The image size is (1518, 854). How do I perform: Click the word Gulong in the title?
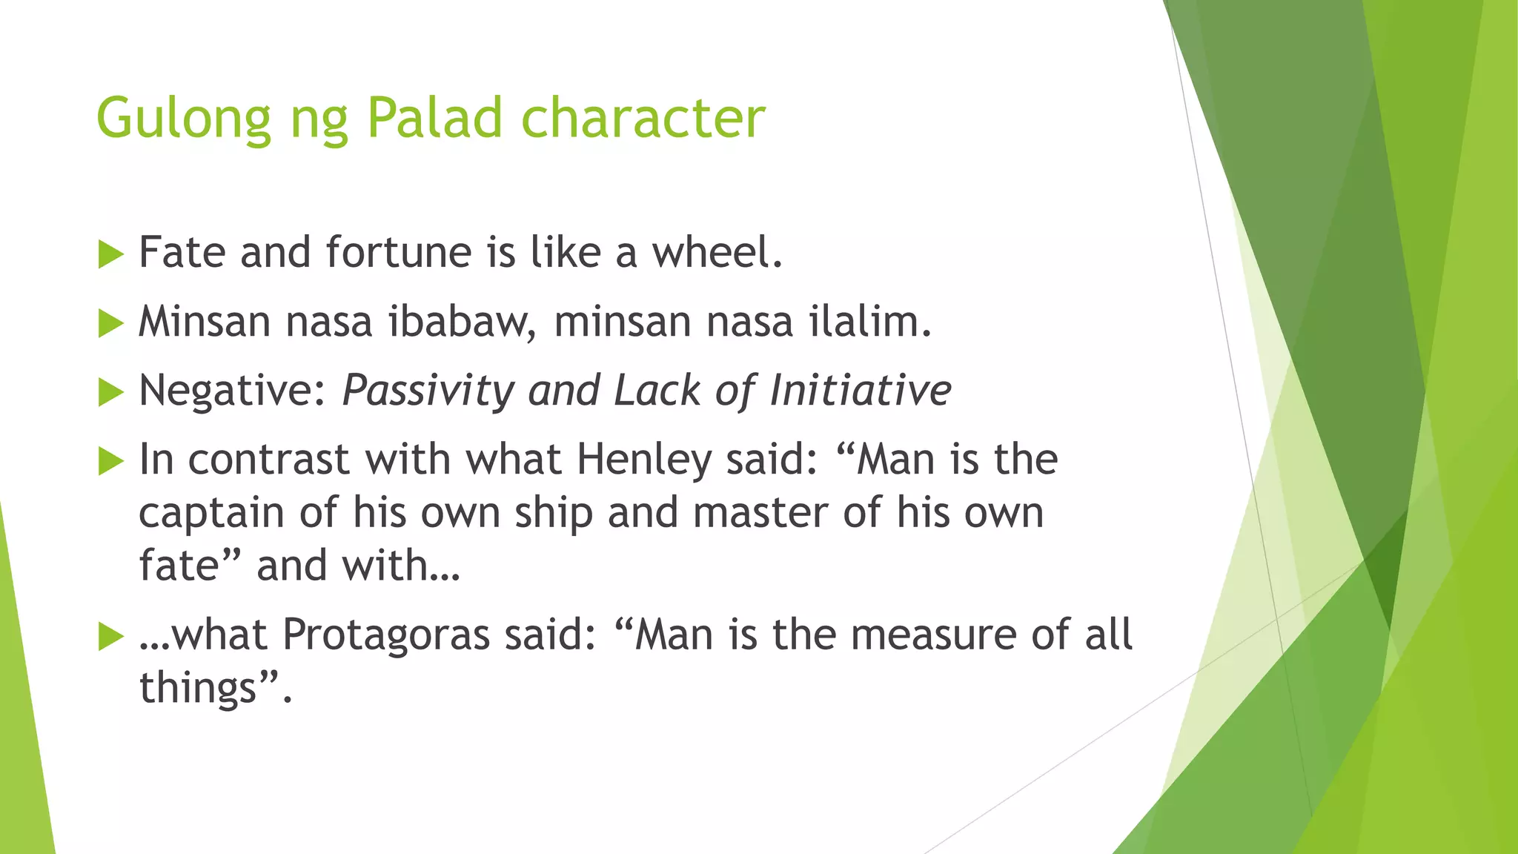(x=184, y=119)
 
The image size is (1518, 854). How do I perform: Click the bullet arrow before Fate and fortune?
(x=110, y=255)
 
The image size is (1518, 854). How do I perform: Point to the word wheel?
(x=716, y=253)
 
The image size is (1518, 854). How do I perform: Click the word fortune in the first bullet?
(x=399, y=253)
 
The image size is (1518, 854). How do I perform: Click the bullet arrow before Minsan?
(x=110, y=324)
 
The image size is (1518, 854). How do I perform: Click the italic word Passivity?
(x=428, y=391)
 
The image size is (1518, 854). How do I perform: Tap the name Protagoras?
(x=386, y=635)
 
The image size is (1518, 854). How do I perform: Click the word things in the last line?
(x=198, y=689)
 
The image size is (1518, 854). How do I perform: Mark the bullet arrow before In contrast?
(x=110, y=462)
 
